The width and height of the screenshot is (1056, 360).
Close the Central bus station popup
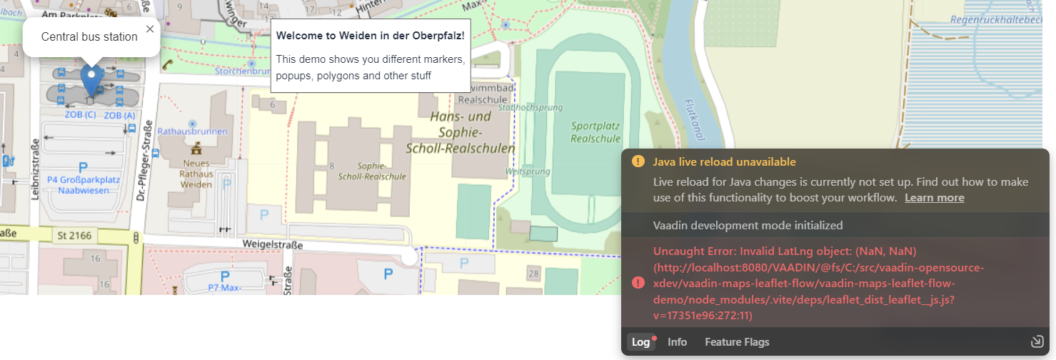[x=149, y=29]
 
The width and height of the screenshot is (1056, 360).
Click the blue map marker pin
[x=91, y=79]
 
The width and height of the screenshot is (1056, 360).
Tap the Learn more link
[x=934, y=198]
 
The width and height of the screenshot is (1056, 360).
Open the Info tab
[x=677, y=342]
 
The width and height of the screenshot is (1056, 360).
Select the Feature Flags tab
[x=737, y=342]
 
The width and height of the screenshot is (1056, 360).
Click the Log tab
[x=641, y=342]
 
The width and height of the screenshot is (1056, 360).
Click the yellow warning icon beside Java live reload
[x=638, y=161]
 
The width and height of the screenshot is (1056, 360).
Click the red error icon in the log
[x=638, y=283]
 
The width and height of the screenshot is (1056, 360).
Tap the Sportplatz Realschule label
[x=595, y=131]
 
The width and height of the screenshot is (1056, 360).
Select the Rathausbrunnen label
[x=192, y=131]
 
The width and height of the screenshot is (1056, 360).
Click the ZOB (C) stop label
[x=80, y=114]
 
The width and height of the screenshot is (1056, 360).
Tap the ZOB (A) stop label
[x=119, y=115]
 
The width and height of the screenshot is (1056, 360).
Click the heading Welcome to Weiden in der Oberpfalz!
[x=370, y=35]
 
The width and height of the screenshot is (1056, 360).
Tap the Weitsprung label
[x=527, y=171]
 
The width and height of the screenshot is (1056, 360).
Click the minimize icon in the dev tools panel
[x=1037, y=341]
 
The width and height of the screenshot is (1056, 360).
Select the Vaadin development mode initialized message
[x=748, y=225]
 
